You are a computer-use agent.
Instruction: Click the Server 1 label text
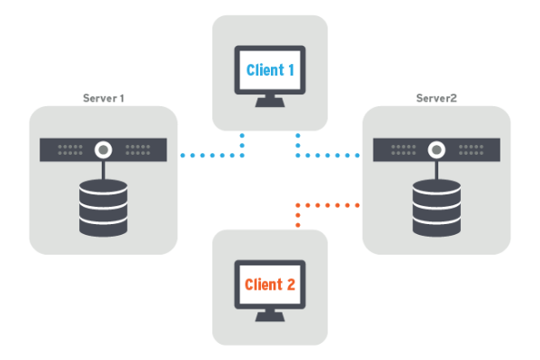click(103, 97)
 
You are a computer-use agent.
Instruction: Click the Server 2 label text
click(436, 97)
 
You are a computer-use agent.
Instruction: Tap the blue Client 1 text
click(270, 69)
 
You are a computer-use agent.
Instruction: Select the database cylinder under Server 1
click(103, 208)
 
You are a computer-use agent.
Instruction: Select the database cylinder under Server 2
click(436, 206)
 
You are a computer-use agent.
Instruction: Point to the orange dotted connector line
click(328, 205)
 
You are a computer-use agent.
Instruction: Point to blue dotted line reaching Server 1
click(211, 155)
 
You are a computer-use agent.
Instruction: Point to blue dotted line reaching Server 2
click(328, 155)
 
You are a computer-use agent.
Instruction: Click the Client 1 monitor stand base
click(270, 103)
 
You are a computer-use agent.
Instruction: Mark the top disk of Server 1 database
click(103, 189)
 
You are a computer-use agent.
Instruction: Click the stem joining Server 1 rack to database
click(103, 169)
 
